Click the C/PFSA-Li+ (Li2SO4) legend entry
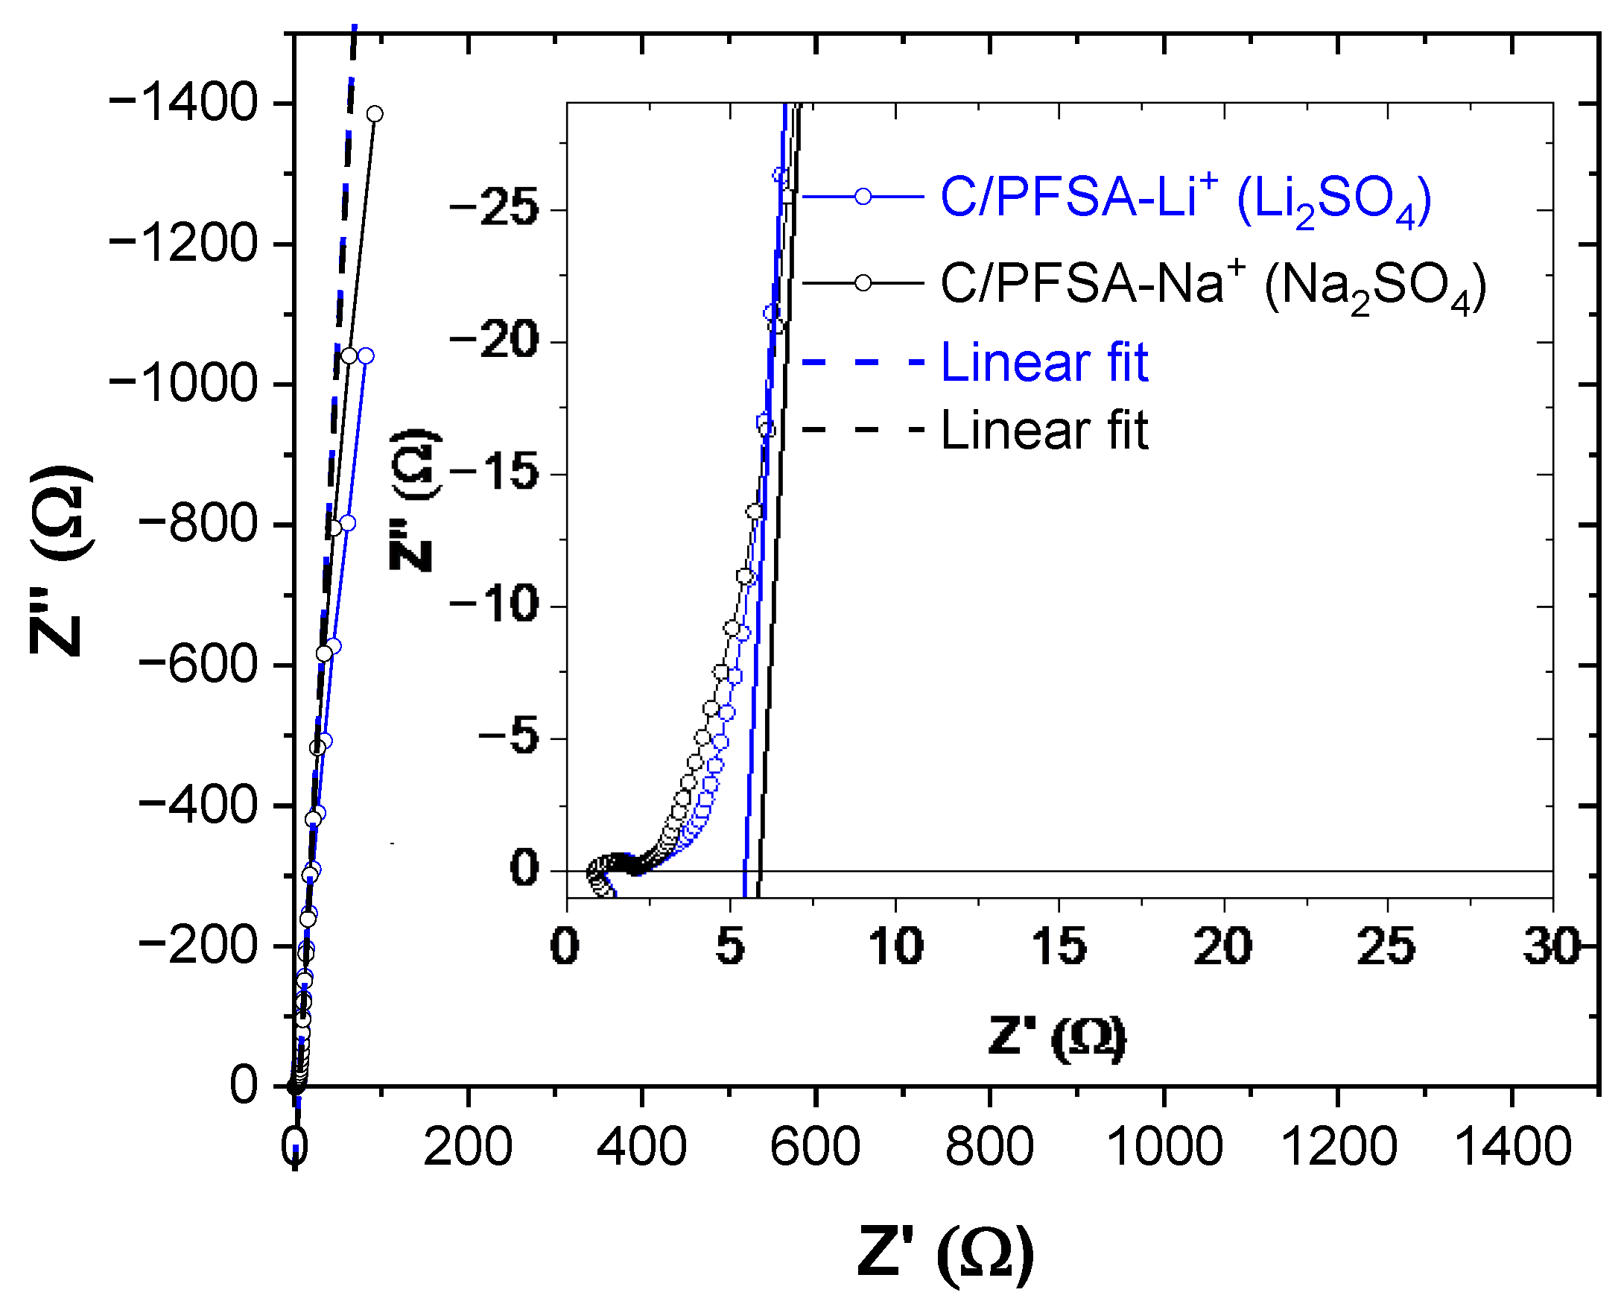[1186, 201]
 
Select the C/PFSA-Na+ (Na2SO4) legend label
[1214, 288]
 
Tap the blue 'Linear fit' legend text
[1044, 363]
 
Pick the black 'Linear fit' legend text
[1044, 431]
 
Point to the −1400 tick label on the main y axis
[183, 103]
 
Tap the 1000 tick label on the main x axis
[1164, 1147]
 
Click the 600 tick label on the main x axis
[815, 1147]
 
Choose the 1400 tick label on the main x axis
[1513, 1147]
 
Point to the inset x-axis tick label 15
[1059, 946]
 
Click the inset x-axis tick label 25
[1387, 946]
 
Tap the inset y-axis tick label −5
[510, 737]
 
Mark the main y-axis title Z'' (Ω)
[62, 560]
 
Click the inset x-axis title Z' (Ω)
[1057, 1039]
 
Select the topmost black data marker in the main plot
[375, 114]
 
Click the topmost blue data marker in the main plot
[366, 355]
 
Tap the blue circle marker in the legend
[863, 197]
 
